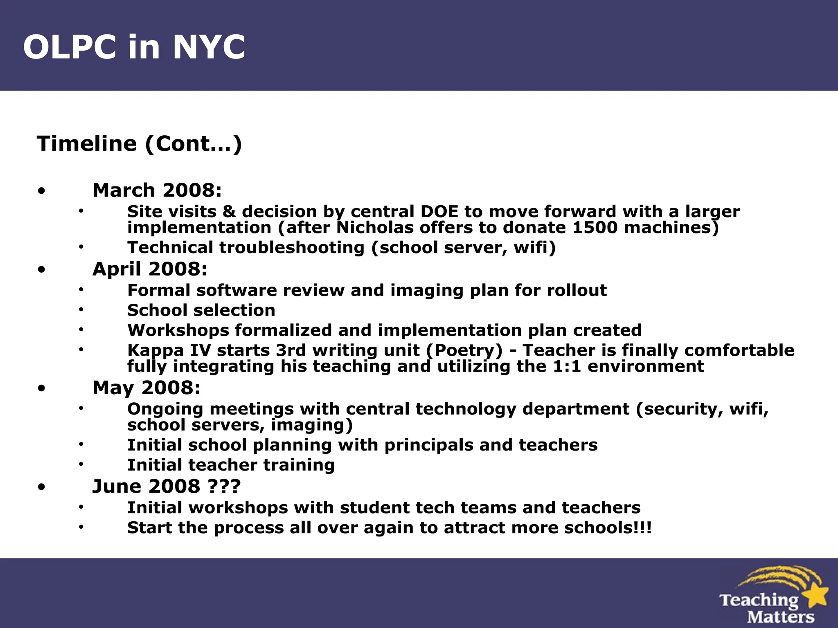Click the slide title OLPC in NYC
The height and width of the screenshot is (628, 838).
[x=134, y=47]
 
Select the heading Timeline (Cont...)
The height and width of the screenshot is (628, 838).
[x=139, y=144]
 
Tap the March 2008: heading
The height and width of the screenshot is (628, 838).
[x=157, y=190]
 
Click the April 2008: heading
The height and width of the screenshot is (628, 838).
[x=150, y=269]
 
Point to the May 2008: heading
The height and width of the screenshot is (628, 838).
[x=146, y=388]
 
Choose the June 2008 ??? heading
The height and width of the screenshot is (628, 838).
[x=167, y=487]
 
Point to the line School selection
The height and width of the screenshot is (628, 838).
[x=201, y=310]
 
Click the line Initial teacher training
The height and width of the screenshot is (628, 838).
[x=231, y=465]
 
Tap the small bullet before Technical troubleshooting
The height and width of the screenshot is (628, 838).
[x=81, y=247]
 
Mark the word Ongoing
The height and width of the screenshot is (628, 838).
[x=165, y=409]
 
